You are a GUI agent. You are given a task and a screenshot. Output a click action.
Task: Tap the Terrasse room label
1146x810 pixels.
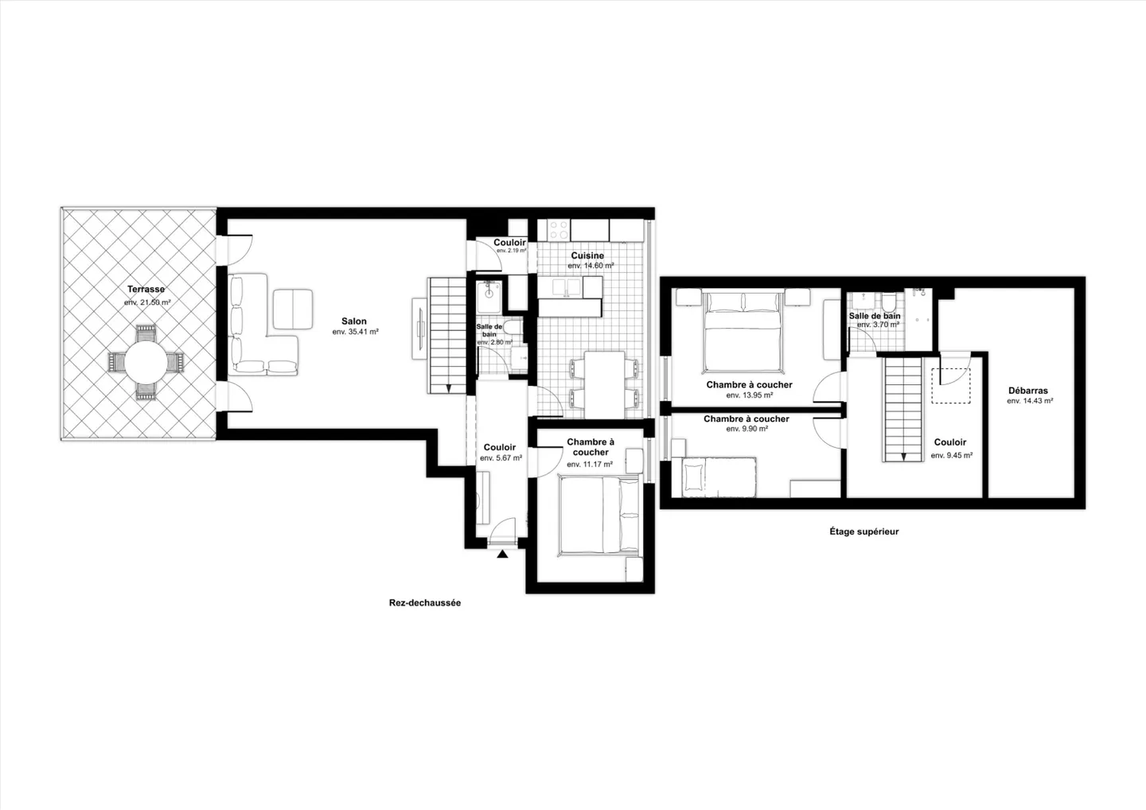pyautogui.click(x=146, y=290)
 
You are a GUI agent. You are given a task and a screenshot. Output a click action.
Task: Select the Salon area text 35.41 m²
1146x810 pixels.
pyautogui.click(x=355, y=332)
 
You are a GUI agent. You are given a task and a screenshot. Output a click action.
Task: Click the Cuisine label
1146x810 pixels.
pyautogui.click(x=587, y=255)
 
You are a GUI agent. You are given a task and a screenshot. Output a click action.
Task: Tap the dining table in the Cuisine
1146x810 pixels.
pyautogui.click(x=603, y=384)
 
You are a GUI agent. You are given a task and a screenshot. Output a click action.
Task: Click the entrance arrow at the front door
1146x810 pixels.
pyautogui.click(x=502, y=554)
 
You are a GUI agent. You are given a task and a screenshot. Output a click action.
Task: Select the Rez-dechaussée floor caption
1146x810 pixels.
pyautogui.click(x=425, y=603)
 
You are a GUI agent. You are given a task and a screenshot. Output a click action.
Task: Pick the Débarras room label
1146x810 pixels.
pyautogui.click(x=1028, y=391)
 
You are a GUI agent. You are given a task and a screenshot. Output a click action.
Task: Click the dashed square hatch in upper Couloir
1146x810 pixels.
pyautogui.click(x=952, y=385)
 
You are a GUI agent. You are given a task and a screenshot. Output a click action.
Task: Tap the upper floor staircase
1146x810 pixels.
pyautogui.click(x=902, y=409)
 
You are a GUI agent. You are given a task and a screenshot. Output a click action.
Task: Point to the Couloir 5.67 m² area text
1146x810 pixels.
pyautogui.click(x=501, y=458)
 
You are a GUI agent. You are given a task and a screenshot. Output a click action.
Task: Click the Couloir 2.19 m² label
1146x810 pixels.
pyautogui.click(x=509, y=243)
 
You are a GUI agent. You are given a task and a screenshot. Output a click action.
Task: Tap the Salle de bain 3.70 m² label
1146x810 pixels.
pyautogui.click(x=875, y=316)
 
